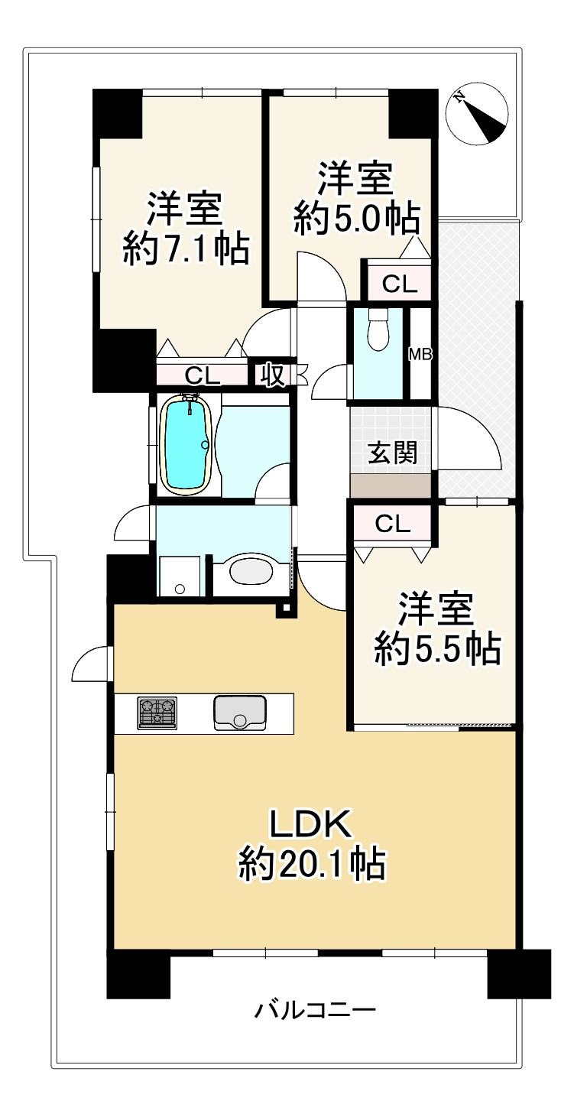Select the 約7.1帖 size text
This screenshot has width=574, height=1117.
(x=186, y=249)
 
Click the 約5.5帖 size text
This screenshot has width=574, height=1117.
(x=436, y=650)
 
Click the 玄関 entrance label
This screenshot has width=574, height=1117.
(x=392, y=453)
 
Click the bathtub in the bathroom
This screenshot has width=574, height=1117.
(x=186, y=444)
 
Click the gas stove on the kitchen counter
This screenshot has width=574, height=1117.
(x=157, y=713)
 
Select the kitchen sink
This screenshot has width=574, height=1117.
(x=240, y=713)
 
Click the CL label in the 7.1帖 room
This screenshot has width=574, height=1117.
(x=203, y=375)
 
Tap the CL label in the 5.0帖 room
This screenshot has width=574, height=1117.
(x=400, y=284)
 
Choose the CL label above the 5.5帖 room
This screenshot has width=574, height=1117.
(x=393, y=524)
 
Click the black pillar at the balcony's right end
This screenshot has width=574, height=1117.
(x=519, y=973)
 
